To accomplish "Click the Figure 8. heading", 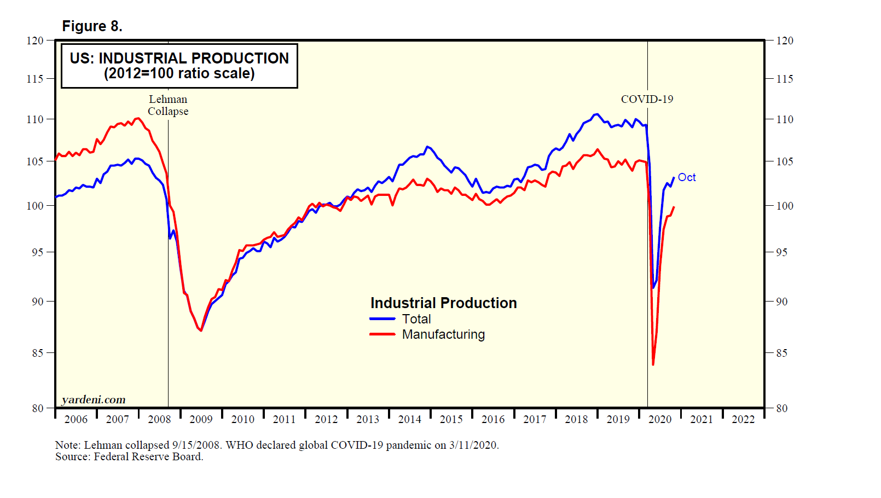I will coord(92,26).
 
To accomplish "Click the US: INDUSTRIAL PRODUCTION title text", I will coord(179,59).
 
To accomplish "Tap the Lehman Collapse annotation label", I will coord(168,105).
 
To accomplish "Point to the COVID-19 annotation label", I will coord(647,99).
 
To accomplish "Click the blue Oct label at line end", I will coord(686,177).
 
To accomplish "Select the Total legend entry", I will coord(416,319).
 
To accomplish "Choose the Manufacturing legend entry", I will coord(443,334).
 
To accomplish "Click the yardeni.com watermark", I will coord(94,399).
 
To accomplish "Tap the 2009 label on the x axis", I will coord(201,419).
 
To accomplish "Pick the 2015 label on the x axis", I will coord(451,419).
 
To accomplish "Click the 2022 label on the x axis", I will coord(743,419).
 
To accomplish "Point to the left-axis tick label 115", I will coord(35,79).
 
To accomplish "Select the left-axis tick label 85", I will coord(37,353).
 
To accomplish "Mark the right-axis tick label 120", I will coord(784,40).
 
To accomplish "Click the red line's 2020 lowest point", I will coord(653,364).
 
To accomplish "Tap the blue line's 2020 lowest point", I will coord(653,287).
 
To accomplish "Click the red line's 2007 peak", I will coord(137,118).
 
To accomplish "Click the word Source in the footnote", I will coord(71,457).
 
